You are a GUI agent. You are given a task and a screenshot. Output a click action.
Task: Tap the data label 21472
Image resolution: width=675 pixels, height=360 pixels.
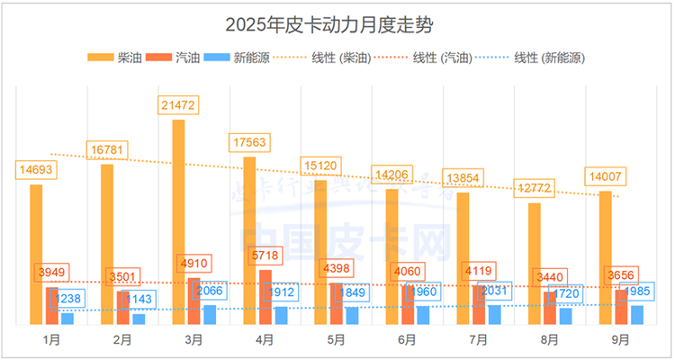[x=177, y=105]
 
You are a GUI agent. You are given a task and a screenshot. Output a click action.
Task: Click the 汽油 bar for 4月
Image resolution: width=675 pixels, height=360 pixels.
[x=265, y=297]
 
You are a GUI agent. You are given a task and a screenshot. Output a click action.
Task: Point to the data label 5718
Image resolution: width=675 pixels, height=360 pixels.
[x=265, y=256]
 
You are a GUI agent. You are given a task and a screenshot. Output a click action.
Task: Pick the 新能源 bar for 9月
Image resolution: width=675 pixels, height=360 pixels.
[x=637, y=314]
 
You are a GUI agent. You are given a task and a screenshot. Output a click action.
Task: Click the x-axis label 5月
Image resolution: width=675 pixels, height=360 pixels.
[x=336, y=340]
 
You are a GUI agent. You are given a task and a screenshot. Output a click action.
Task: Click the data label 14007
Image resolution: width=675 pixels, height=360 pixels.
[x=606, y=176]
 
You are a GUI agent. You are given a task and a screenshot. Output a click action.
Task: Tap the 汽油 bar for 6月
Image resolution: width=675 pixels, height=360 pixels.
[x=408, y=304]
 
